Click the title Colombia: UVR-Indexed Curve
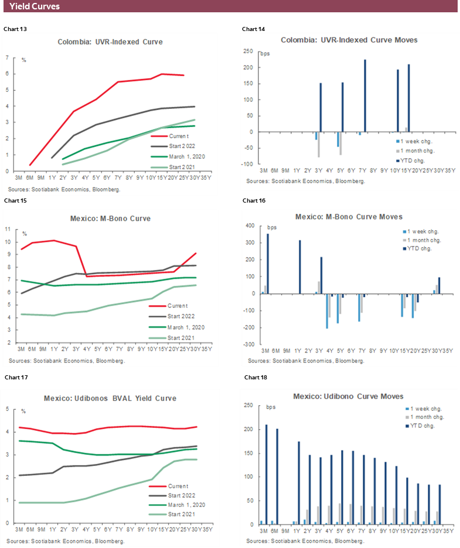[110, 42]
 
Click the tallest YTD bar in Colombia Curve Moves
[365, 95]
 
